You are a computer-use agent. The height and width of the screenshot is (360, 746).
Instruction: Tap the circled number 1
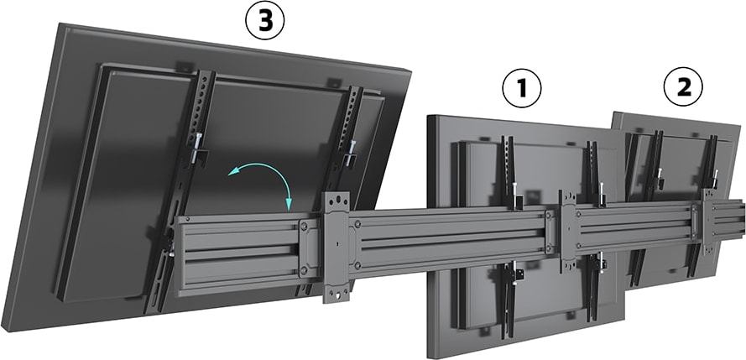521,89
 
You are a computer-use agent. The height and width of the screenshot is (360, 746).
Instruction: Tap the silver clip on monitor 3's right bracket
349,154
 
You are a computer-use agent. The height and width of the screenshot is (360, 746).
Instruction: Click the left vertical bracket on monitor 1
509,176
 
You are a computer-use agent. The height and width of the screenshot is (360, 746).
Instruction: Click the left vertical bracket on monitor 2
655,168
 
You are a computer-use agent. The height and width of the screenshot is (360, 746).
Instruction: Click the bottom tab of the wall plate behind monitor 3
337,294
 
